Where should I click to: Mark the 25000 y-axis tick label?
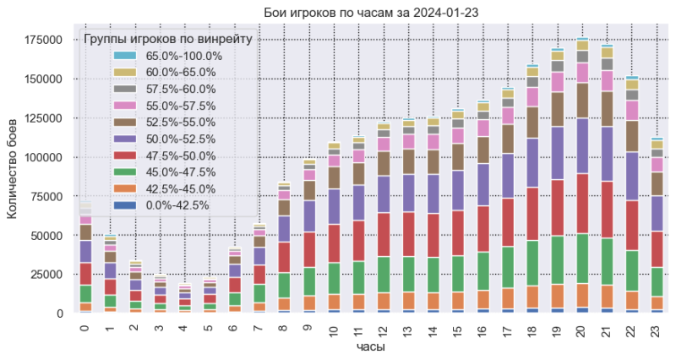pos(46,275)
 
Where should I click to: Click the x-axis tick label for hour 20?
pos(582,328)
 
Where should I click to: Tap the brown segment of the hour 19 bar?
pos(556,109)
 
